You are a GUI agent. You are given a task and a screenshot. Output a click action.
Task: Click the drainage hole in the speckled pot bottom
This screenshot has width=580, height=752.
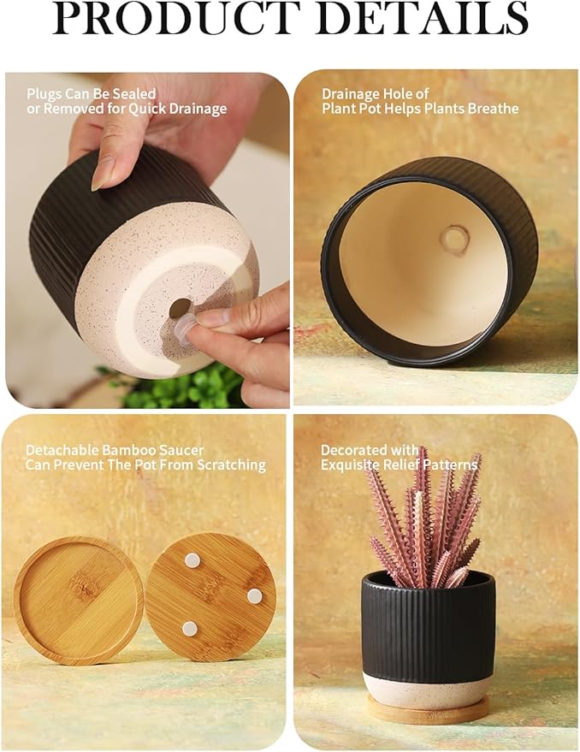(180, 308)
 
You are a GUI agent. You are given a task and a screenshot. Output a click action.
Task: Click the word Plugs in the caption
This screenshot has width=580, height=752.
(44, 94)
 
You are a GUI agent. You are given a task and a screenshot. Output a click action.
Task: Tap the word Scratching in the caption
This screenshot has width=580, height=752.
(229, 465)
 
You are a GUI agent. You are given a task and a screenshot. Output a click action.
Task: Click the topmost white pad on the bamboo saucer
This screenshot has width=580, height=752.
(192, 560)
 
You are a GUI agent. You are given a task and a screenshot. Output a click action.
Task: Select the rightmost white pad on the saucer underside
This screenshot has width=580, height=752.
(254, 595)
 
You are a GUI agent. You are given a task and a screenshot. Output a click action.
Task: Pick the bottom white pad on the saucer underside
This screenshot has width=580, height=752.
(190, 629)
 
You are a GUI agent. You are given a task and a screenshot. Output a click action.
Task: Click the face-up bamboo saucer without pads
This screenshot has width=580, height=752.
(78, 599)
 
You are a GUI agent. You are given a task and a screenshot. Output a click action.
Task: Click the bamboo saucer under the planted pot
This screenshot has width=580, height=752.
(428, 709)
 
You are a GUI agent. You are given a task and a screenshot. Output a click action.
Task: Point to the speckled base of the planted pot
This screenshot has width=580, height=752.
(427, 689)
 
